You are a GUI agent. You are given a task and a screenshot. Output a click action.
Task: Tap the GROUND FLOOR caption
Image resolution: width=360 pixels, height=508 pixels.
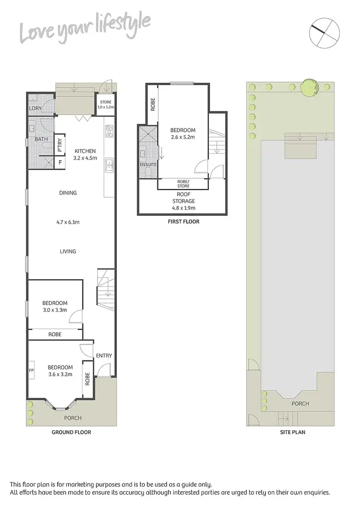pyautogui.click(x=71, y=432)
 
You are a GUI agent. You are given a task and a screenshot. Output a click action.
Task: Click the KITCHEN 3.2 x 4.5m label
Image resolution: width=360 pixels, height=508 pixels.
pyautogui.click(x=84, y=154)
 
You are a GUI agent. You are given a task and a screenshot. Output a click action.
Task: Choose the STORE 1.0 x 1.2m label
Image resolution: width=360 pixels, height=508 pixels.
pyautogui.click(x=105, y=104)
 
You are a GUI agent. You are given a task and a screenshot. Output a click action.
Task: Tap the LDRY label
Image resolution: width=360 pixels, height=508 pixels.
pyautogui.click(x=36, y=109)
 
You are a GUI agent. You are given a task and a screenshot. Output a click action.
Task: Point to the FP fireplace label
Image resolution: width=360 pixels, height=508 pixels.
pyautogui.click(x=32, y=371)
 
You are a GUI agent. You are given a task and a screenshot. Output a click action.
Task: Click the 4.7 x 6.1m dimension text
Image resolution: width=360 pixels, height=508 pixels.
pyautogui.click(x=68, y=222)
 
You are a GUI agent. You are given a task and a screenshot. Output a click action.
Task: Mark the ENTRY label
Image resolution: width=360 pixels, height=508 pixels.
pyautogui.click(x=104, y=355)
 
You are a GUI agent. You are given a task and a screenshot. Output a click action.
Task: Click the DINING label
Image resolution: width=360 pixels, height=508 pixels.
pyautogui.click(x=68, y=193)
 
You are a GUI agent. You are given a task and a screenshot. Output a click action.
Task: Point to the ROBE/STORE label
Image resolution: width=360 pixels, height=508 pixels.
pyautogui.click(x=183, y=183)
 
